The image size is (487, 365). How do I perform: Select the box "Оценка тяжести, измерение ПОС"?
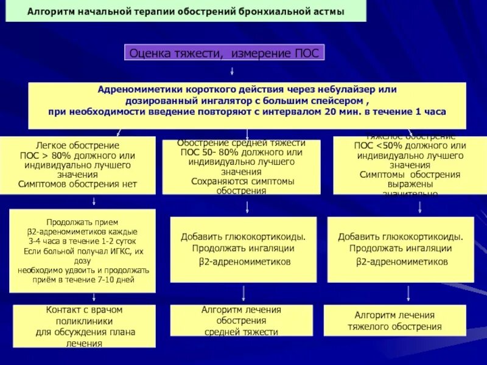tap(225, 53)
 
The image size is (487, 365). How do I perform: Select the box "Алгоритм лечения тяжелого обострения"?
tap(394, 320)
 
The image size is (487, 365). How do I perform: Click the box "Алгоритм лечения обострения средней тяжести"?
tap(241, 321)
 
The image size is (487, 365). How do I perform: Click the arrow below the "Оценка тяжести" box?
tap(225, 71)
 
